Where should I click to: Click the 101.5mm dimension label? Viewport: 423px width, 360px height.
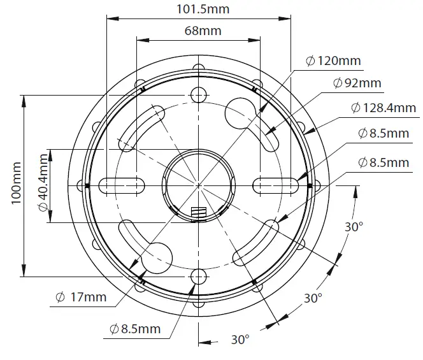click(x=203, y=9)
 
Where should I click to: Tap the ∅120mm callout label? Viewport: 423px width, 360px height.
click(x=333, y=61)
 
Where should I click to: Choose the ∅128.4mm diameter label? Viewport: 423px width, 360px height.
click(x=383, y=108)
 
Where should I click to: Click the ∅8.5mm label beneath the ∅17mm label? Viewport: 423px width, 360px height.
click(x=134, y=329)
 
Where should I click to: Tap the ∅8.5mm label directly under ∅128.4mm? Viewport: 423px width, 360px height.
click(x=383, y=133)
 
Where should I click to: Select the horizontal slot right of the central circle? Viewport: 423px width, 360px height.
click(x=276, y=185)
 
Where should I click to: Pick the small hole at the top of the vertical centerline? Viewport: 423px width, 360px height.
click(x=199, y=96)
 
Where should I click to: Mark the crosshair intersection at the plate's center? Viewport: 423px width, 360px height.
click(x=199, y=185)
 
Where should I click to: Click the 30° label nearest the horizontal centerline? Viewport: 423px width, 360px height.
click(x=354, y=227)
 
